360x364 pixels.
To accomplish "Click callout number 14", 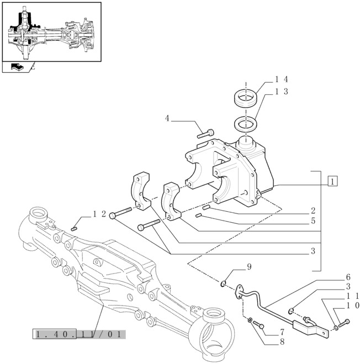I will [x=282, y=79].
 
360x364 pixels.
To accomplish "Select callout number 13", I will [x=282, y=92].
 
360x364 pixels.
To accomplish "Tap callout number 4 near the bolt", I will [x=167, y=119].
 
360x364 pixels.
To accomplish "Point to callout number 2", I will [x=313, y=211].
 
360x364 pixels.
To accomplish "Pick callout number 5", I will [x=313, y=222].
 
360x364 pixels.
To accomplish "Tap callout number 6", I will [x=348, y=277].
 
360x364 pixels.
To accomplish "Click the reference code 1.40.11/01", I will [x=80, y=334].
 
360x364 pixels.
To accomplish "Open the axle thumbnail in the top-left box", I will [x=52, y=31].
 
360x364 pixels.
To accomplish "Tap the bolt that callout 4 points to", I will [x=205, y=132].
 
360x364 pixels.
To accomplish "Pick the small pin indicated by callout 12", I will [x=76, y=227].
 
